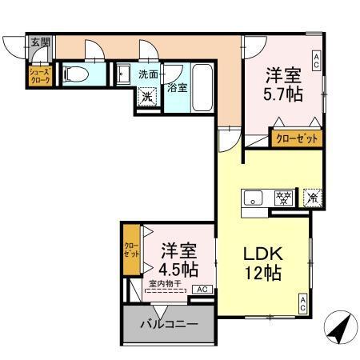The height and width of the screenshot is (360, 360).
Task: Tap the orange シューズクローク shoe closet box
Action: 40,75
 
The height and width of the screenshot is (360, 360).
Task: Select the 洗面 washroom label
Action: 148,73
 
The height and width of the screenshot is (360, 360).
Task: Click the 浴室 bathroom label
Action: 177,87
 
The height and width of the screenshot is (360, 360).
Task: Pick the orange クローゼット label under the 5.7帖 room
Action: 297,138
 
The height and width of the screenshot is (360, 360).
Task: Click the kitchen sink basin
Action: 253,197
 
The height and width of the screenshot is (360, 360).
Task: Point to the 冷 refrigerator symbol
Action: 312,197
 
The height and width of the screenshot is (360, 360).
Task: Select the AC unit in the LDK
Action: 303,302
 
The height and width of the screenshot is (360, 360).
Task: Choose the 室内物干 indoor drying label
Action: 166,283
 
